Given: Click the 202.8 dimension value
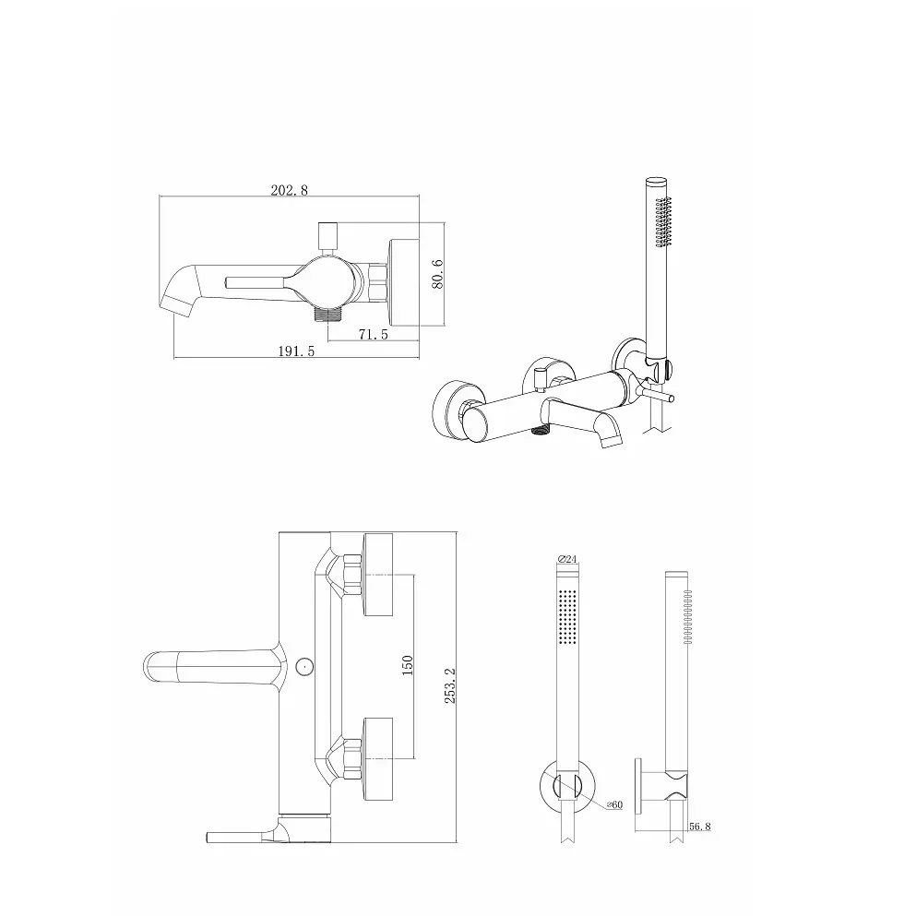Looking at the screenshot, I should pos(289,190).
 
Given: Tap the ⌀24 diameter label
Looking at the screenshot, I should pos(567,559).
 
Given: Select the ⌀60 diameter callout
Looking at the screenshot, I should pos(614,804).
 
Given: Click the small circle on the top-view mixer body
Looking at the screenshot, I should pos(303,664).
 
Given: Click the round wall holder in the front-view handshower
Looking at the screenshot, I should pos(567,786).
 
